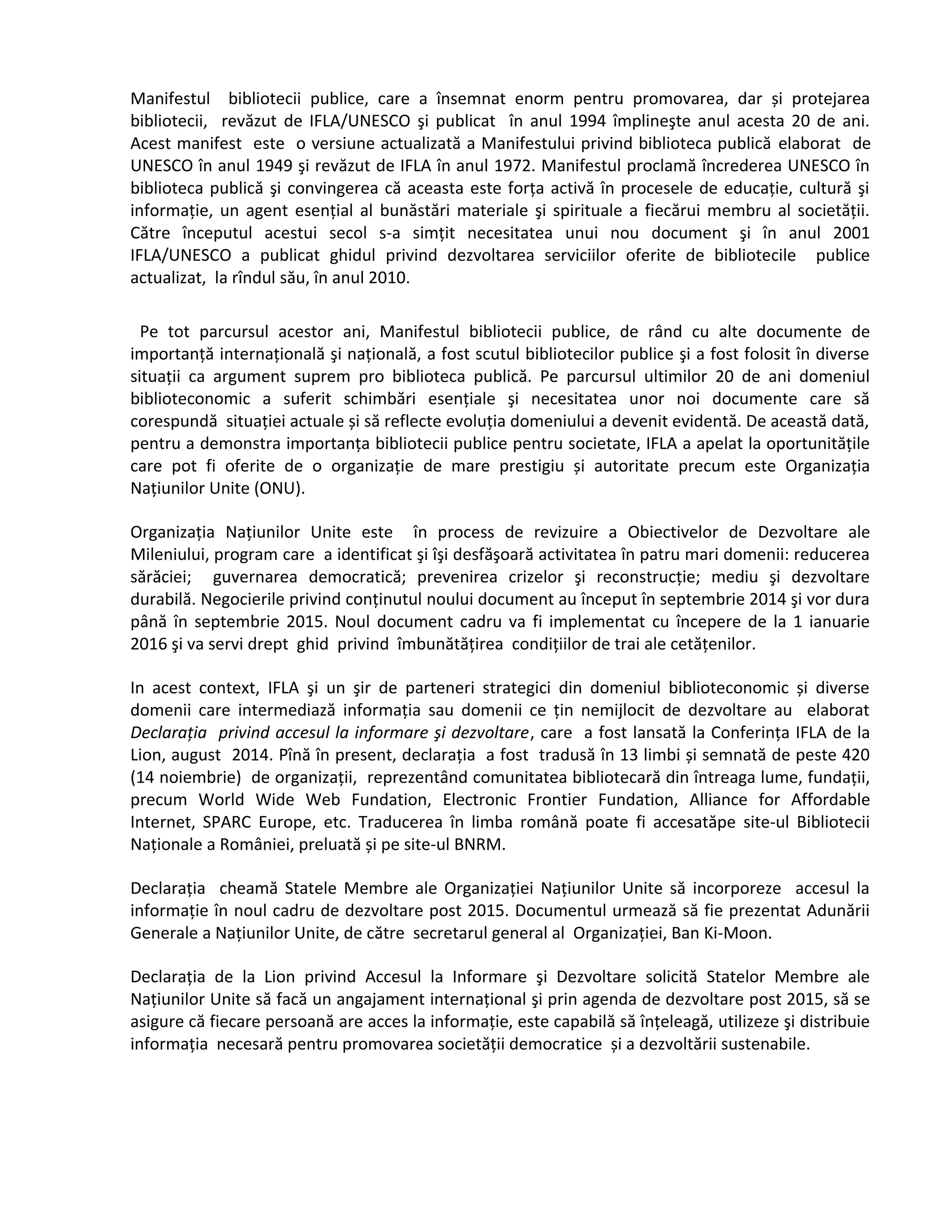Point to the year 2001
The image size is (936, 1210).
click(851, 233)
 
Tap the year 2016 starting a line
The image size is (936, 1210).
click(149, 644)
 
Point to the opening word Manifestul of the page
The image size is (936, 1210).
click(170, 99)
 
